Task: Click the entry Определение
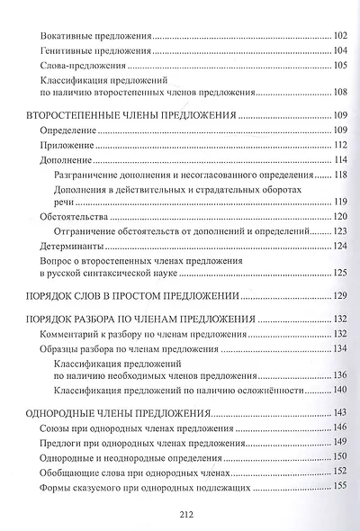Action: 67,131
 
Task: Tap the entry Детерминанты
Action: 74,247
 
